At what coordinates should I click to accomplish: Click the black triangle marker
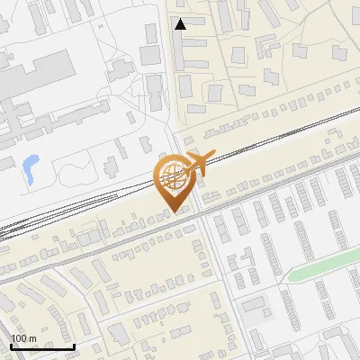pyautogui.click(x=181, y=24)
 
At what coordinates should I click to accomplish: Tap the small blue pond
pyautogui.click(x=31, y=165)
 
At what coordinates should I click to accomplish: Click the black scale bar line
pyautogui.click(x=42, y=346)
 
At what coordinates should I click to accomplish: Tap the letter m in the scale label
pyautogui.click(x=32, y=339)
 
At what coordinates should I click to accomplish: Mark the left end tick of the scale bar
pyautogui.click(x=11, y=345)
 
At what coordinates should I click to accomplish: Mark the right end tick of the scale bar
pyautogui.click(x=74, y=345)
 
